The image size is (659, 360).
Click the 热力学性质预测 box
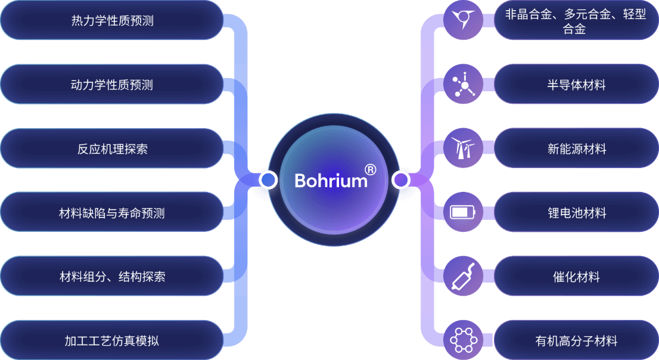click(x=112, y=21)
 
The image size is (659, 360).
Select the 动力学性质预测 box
click(x=112, y=85)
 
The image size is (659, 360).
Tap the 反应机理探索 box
click(x=112, y=149)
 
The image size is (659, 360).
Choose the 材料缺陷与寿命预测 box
click(x=112, y=213)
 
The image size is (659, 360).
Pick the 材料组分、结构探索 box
click(x=112, y=277)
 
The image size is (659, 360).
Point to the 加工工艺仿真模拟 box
click(x=112, y=341)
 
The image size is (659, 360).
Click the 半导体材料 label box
click(x=576, y=85)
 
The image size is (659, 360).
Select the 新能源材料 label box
click(x=576, y=149)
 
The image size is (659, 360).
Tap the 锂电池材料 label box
click(x=576, y=213)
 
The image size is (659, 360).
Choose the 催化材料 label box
click(x=576, y=277)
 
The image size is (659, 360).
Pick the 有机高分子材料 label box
click(x=576, y=341)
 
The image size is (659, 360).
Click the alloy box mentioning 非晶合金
click(x=576, y=21)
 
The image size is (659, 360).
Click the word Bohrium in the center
click(x=331, y=181)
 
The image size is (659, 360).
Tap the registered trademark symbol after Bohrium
click(x=370, y=170)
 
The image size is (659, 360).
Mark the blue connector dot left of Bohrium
click(x=268, y=179)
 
